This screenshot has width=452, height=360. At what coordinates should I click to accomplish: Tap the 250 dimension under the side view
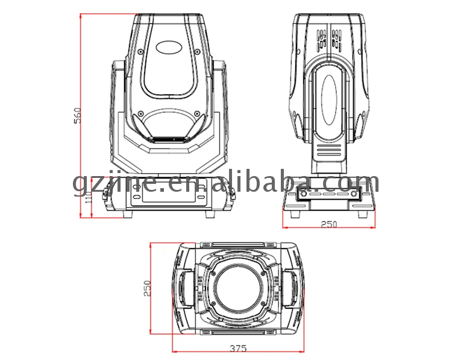point(328,224)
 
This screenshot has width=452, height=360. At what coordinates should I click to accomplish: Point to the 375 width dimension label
point(238,349)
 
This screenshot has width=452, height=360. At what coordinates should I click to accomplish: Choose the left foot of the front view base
point(128,214)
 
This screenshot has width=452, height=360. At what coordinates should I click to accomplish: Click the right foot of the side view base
point(363,213)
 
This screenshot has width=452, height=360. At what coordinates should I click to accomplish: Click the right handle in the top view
point(295,289)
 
